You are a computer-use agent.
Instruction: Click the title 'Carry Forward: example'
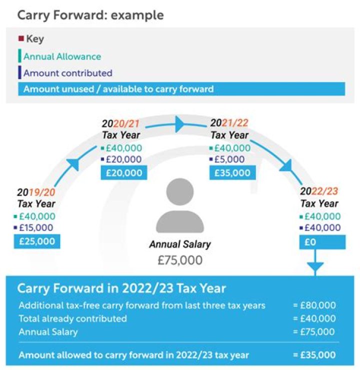90,14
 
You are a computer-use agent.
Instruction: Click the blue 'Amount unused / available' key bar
118,89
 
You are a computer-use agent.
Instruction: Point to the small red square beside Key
21,39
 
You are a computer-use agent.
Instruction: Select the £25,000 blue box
37,241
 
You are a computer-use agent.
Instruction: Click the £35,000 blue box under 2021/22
231,173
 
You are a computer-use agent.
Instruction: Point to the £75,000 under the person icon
179,260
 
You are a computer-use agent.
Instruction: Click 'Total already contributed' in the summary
73,318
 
